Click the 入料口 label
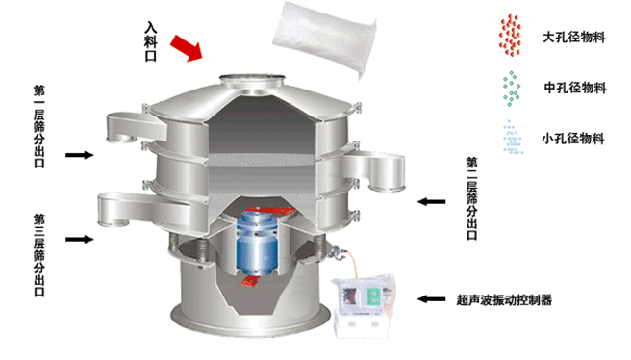[150, 41]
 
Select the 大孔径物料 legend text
[574, 38]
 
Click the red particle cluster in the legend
[510, 35]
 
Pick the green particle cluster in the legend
[511, 89]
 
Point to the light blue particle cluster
[513, 138]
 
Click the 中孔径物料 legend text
[575, 88]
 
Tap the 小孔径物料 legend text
[573, 139]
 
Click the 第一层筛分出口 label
[39, 126]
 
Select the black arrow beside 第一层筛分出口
[80, 155]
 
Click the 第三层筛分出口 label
[39, 255]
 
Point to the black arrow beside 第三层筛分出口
[80, 239]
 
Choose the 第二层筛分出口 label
[471, 198]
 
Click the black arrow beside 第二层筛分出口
[431, 201]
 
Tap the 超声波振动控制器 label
[504, 299]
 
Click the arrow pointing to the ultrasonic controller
[431, 299]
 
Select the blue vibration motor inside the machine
[256, 243]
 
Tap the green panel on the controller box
[374, 296]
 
